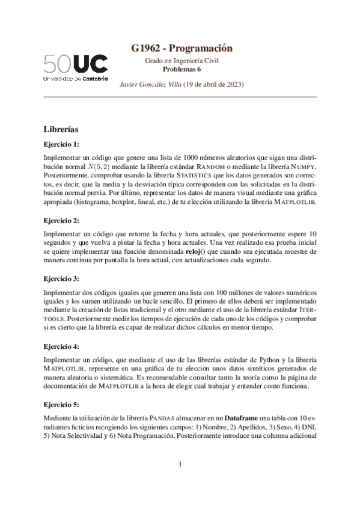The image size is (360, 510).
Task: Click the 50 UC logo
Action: (76, 63)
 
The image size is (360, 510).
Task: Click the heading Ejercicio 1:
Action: (61, 144)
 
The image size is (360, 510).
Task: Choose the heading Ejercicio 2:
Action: (61, 220)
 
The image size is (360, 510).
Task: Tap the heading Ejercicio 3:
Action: (61, 279)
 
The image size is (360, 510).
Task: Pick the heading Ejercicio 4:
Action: (61, 346)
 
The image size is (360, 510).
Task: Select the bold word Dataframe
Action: (245, 418)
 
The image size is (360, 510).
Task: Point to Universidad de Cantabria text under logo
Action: (76, 79)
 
